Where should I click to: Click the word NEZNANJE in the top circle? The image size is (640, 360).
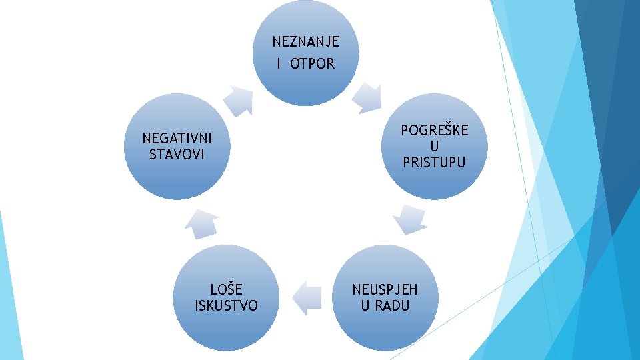(305, 42)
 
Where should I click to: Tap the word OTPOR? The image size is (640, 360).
(313, 65)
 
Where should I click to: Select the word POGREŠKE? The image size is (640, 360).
(434, 130)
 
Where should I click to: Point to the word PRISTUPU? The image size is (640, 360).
(434, 162)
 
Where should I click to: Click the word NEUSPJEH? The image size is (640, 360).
(385, 290)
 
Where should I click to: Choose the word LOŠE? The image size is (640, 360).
(226, 290)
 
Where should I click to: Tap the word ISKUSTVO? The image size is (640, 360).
(226, 306)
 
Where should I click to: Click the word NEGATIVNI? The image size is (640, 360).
(177, 139)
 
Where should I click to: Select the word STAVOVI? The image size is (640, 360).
(177, 155)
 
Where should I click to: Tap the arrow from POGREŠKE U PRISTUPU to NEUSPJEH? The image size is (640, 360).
(409, 219)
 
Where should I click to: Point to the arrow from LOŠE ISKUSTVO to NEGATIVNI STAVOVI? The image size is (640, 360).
(202, 225)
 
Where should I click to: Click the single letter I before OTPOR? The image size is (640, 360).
(279, 65)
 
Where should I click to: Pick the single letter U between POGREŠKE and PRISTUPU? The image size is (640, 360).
(434, 146)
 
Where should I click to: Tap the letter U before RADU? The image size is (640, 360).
(365, 306)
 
